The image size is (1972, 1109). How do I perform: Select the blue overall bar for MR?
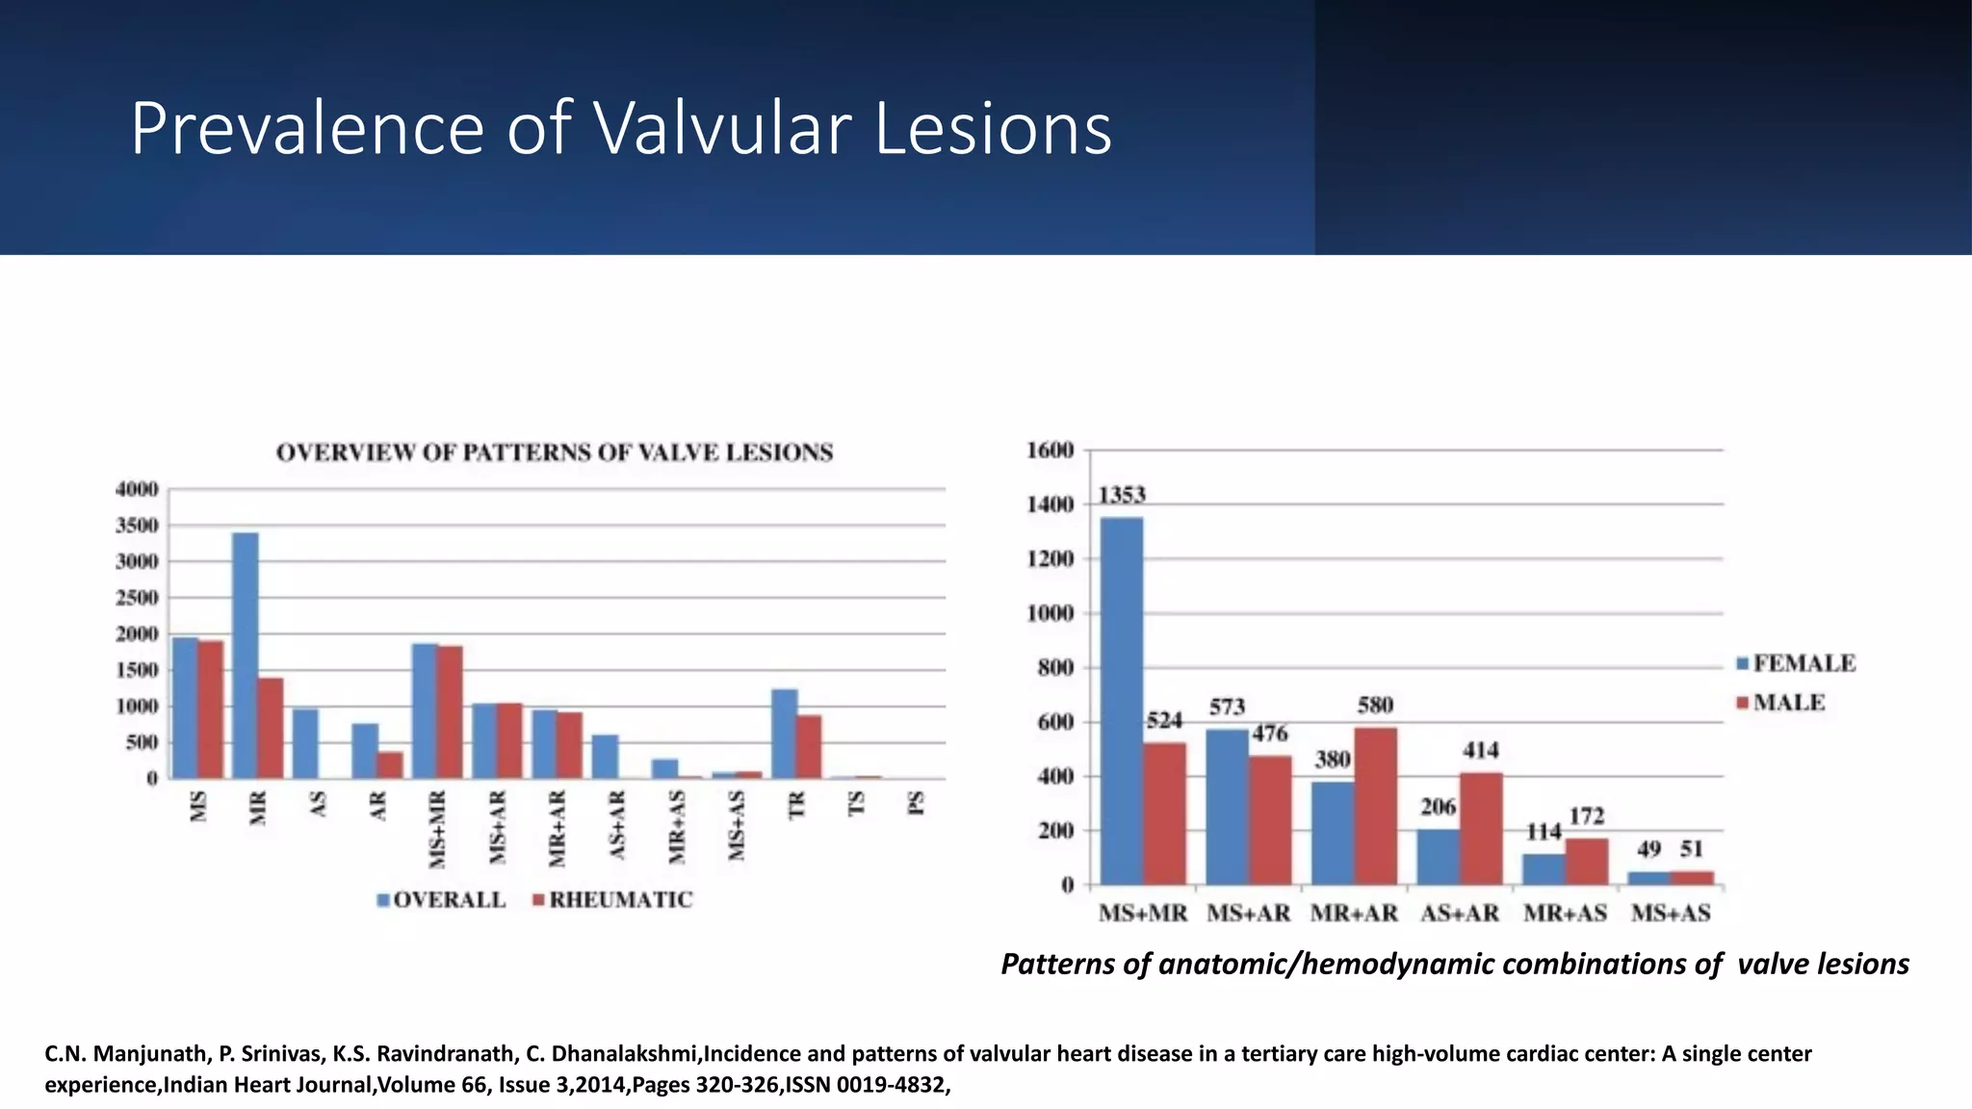click(245, 655)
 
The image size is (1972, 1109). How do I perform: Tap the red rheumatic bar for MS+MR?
click(450, 711)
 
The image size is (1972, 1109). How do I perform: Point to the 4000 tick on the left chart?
click(137, 489)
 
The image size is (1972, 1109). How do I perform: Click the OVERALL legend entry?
click(442, 899)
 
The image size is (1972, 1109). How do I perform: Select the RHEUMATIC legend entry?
click(612, 899)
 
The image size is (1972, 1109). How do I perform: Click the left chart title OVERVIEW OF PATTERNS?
click(554, 452)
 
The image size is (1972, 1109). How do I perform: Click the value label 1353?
click(1122, 495)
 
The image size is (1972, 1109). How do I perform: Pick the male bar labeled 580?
click(1375, 806)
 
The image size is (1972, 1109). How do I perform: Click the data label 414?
click(1480, 750)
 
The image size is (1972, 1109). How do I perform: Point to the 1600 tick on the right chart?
click(1050, 450)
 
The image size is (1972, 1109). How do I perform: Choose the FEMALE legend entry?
click(1796, 663)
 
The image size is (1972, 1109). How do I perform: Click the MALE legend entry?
click(1780, 703)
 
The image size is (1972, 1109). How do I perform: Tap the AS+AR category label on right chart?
click(1459, 913)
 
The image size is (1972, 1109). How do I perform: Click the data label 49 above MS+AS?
click(1648, 849)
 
